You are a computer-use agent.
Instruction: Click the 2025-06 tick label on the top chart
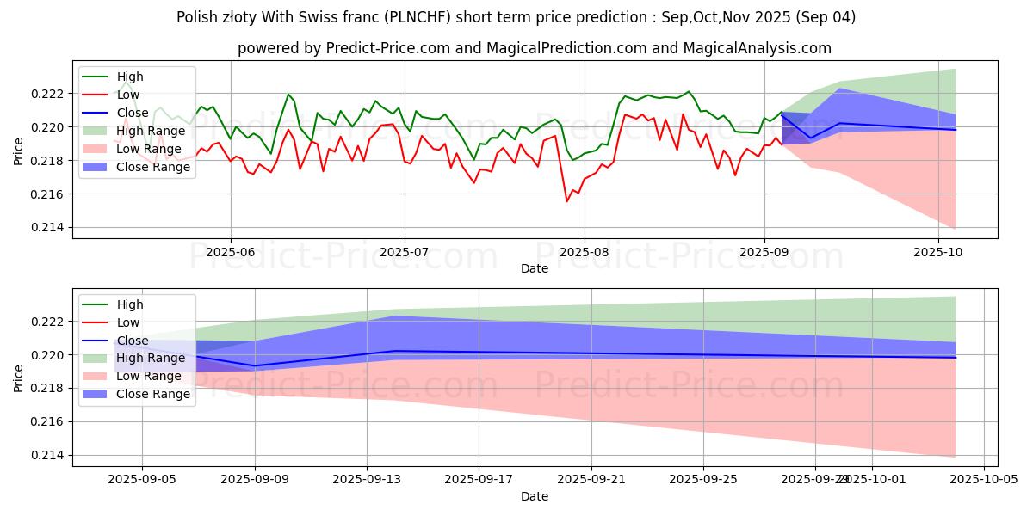[x=230, y=253]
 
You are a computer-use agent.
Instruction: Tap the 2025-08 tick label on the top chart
[x=584, y=253]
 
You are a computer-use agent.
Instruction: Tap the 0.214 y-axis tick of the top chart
[x=53, y=228]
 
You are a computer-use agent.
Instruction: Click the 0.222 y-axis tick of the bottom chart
[x=53, y=322]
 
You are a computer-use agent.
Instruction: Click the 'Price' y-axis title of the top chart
[x=20, y=150]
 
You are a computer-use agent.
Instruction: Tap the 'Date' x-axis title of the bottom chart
[x=535, y=497]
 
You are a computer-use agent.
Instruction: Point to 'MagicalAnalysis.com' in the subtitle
[x=757, y=48]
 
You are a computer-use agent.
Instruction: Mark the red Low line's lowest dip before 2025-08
[x=566, y=201]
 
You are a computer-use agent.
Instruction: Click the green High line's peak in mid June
[x=288, y=94]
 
